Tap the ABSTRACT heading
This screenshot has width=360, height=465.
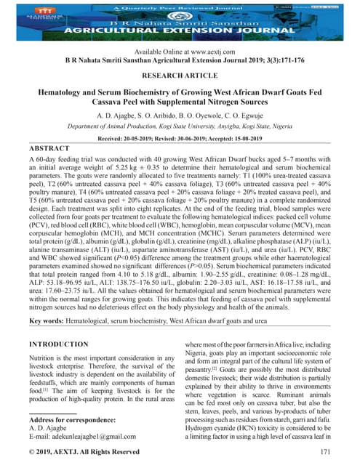(48, 147)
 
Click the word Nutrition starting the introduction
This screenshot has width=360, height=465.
(44, 359)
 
